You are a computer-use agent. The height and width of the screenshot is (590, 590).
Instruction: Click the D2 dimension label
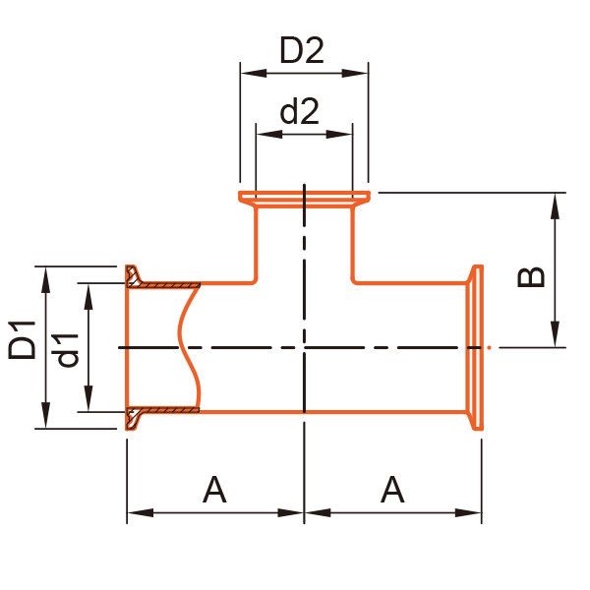pos(302,50)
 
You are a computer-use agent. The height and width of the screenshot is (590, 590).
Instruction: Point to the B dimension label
pos(531,272)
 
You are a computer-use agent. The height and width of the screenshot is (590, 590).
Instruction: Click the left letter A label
pos(214,489)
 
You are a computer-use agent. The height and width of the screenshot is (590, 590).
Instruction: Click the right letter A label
pos(392,489)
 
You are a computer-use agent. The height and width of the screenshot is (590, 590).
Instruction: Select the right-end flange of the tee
pos(478,346)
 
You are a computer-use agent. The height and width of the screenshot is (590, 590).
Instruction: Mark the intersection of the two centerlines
pos(305,346)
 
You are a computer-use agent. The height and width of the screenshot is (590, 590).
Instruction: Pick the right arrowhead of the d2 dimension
pos(345,130)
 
